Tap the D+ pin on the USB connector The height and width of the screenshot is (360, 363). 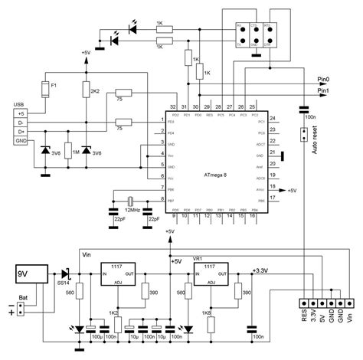coord(19,131)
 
